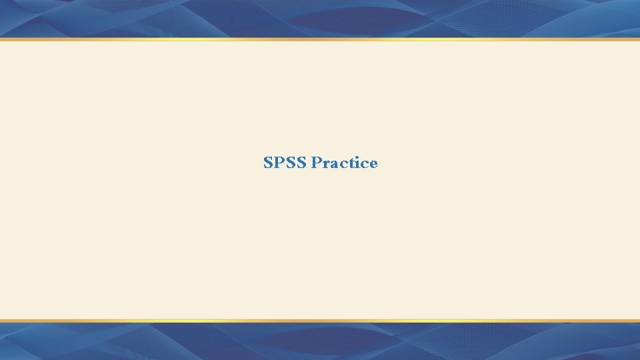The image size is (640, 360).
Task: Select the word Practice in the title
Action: (x=345, y=163)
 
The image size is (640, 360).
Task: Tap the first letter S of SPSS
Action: (x=269, y=163)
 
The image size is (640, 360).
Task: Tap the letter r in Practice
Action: (x=327, y=165)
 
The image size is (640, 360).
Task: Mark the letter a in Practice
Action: (x=335, y=165)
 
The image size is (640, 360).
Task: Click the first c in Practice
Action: (x=343, y=165)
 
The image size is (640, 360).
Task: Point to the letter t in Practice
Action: (x=351, y=163)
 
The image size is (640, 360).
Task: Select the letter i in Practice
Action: (x=357, y=163)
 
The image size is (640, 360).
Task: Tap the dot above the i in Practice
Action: (x=357, y=157)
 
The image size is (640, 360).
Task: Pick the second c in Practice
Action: (x=363, y=165)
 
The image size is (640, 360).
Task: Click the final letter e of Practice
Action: (x=373, y=165)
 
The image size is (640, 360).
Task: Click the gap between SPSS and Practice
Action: (x=309, y=163)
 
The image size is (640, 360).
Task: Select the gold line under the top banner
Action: (x=320, y=39)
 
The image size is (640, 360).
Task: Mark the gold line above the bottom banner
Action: (x=320, y=321)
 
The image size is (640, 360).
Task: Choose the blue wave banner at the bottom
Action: (x=320, y=342)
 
